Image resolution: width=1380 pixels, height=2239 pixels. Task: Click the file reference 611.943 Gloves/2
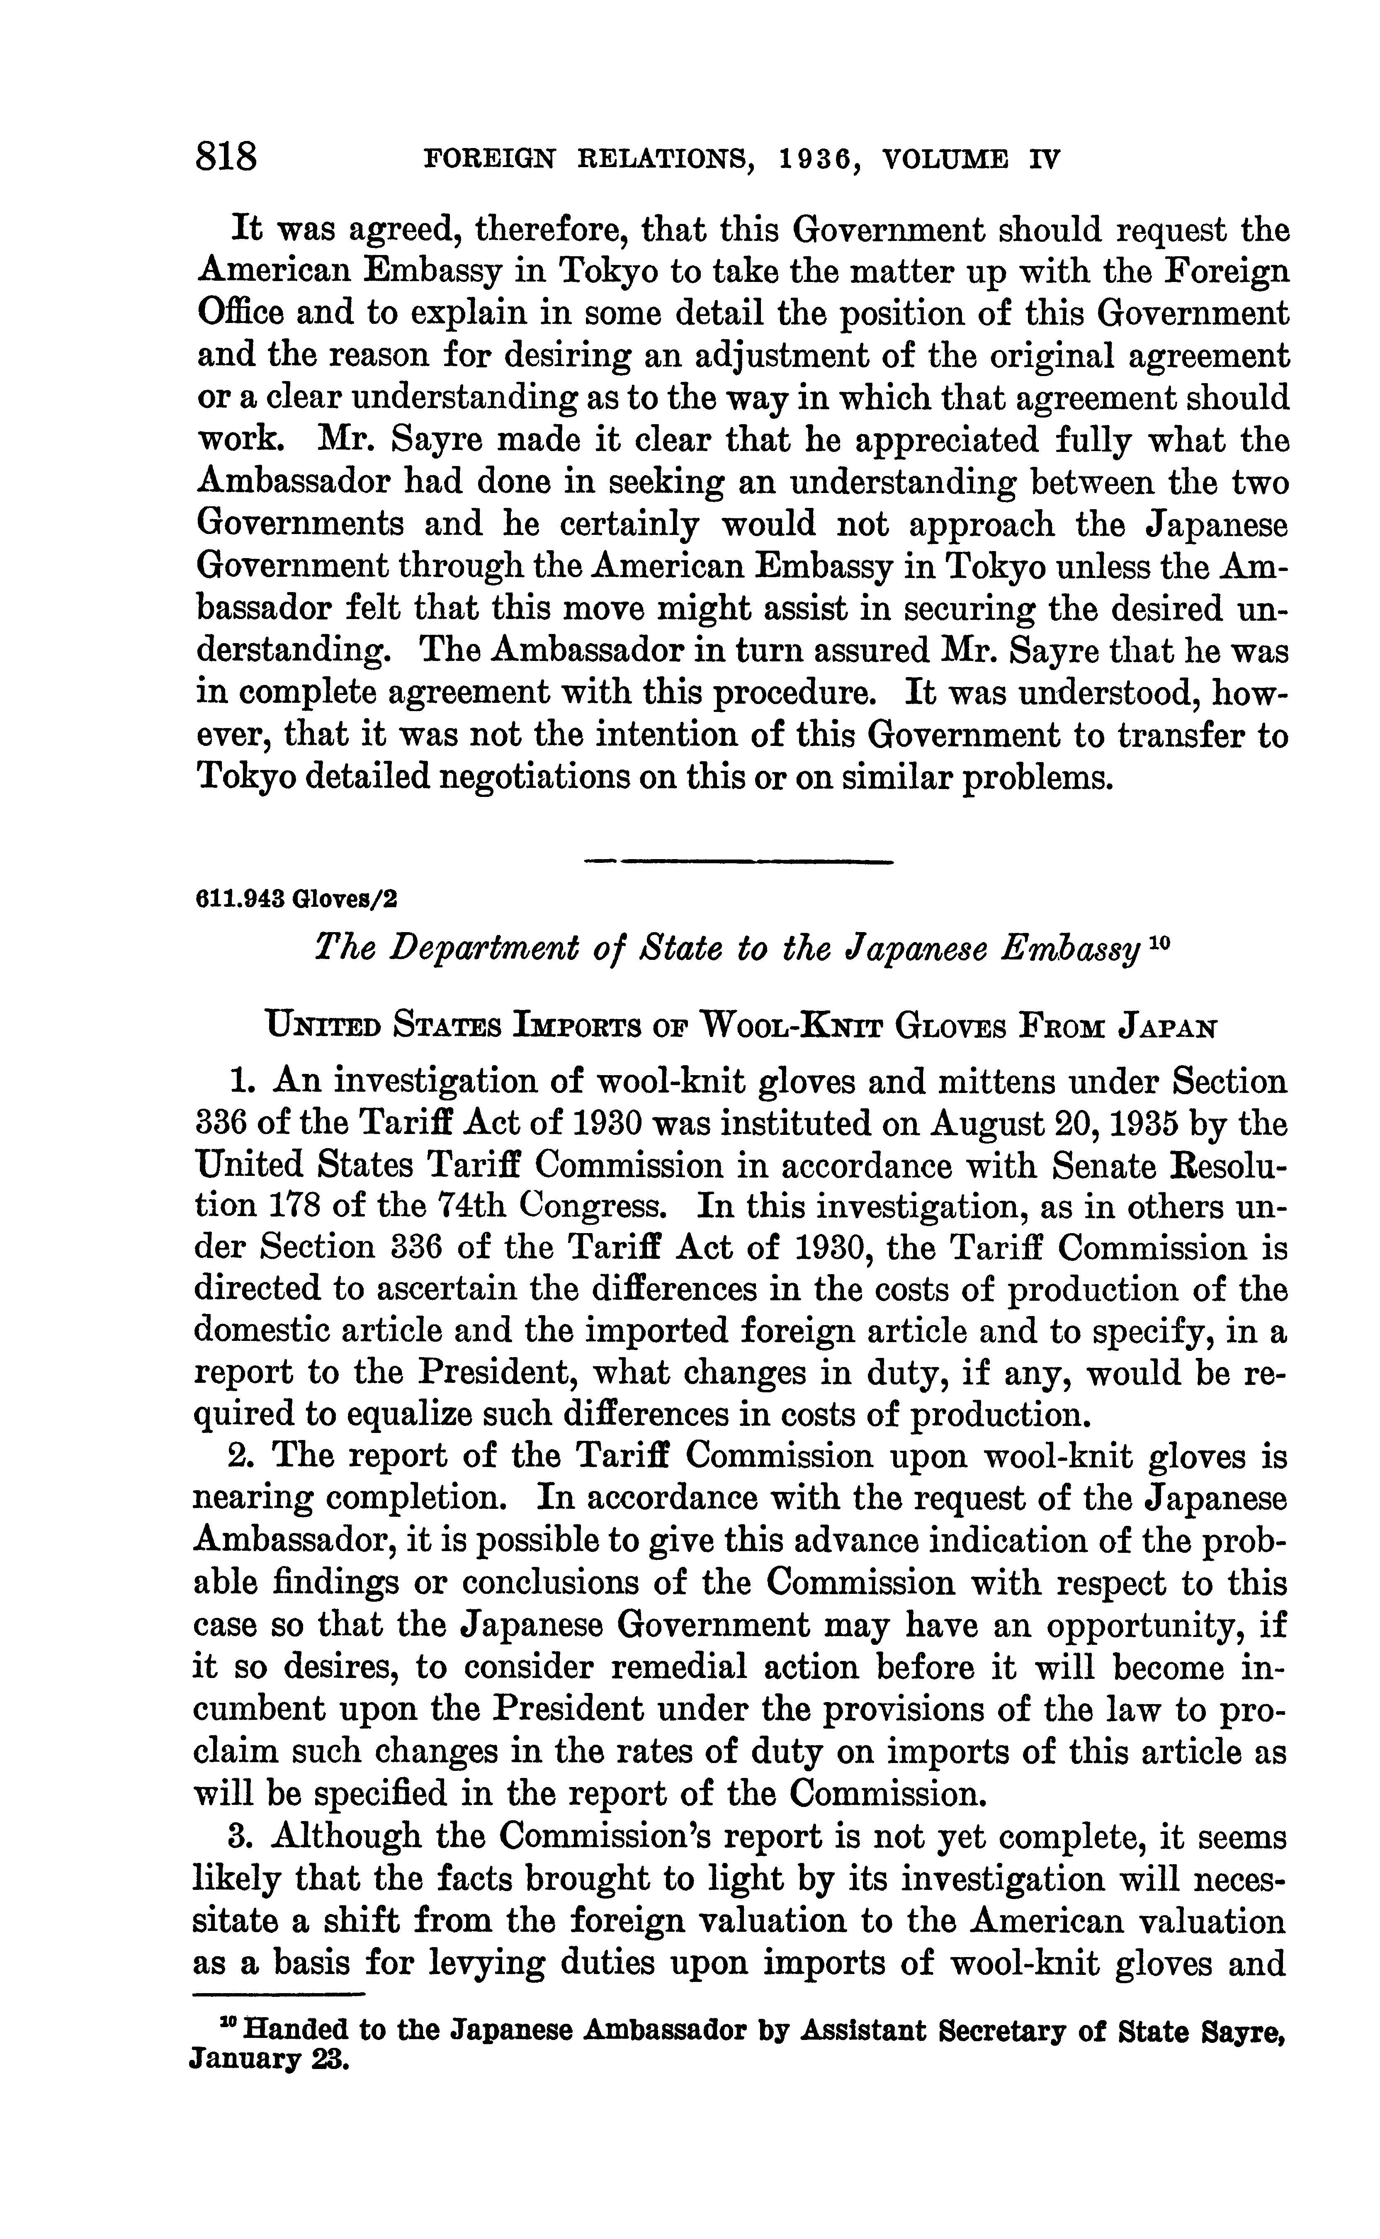[x=298, y=899]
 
